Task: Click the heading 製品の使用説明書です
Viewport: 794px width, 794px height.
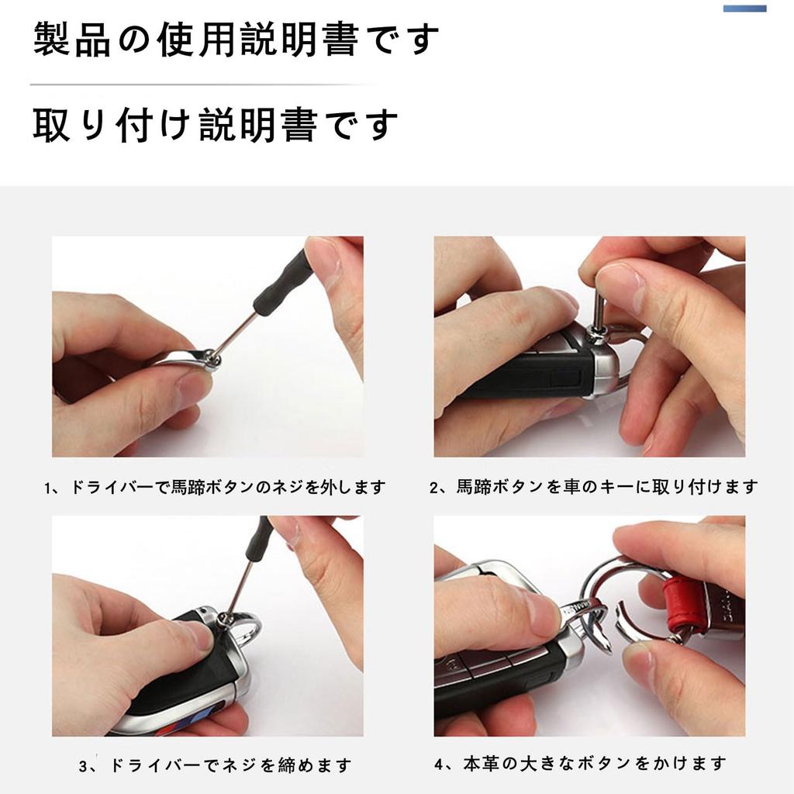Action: pyautogui.click(x=236, y=40)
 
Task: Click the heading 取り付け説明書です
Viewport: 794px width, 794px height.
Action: pyautogui.click(x=216, y=125)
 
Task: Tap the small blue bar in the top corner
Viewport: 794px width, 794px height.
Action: pyautogui.click(x=744, y=8)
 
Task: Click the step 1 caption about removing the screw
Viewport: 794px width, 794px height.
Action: pyautogui.click(x=215, y=487)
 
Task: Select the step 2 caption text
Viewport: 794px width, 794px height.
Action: pyautogui.click(x=593, y=487)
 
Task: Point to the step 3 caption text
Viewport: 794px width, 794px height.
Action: pyautogui.click(x=215, y=765)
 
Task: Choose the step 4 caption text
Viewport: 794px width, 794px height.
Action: pyautogui.click(x=580, y=764)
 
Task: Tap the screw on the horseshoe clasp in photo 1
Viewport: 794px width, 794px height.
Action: pyautogui.click(x=212, y=361)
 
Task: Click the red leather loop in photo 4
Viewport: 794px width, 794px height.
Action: pyautogui.click(x=684, y=608)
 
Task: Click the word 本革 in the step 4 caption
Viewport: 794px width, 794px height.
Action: pyautogui.click(x=481, y=764)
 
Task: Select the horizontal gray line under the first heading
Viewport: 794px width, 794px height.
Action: pyautogui.click(x=202, y=85)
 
